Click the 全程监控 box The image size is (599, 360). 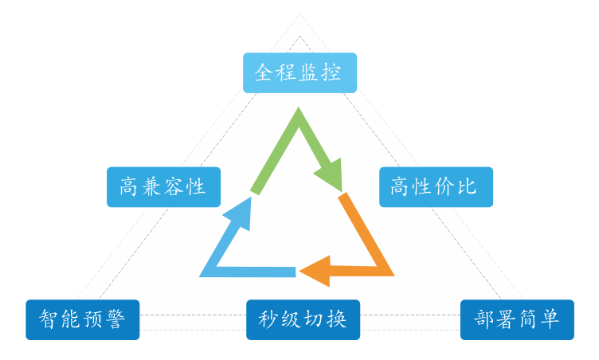click(299, 72)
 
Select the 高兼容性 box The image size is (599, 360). click(163, 187)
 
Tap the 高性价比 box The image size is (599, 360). click(435, 187)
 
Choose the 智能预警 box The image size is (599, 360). click(82, 319)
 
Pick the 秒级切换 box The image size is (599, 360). click(303, 319)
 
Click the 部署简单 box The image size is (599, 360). click(517, 319)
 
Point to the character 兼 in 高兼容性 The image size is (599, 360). click(151, 187)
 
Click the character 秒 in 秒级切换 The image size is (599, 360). click(268, 319)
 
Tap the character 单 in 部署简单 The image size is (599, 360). click(550, 319)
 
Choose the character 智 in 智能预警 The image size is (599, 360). click(49, 319)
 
